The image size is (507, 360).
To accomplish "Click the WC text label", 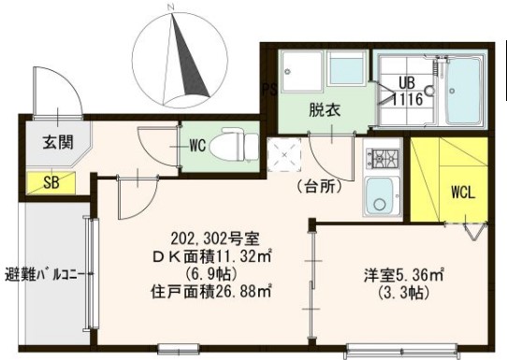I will point(197,145).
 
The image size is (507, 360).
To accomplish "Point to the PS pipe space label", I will point(268,90).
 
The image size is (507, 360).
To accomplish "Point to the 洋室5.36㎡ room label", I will point(404,276).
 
